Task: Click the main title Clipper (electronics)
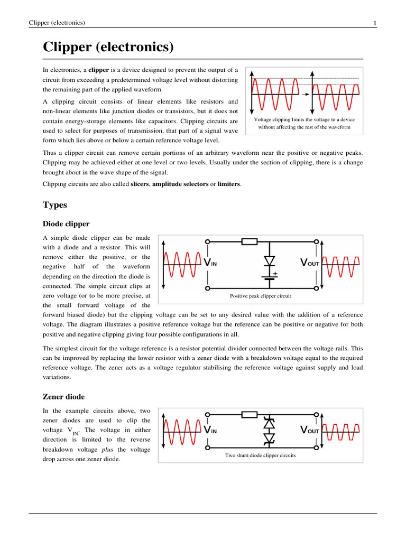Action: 108,48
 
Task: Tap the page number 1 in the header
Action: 374,23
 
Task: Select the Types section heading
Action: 54,204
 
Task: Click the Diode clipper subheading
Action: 66,224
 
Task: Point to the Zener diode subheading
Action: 63,396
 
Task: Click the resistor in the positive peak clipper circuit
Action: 249,242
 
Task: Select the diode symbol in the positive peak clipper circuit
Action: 270,261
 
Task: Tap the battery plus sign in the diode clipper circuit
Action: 275,274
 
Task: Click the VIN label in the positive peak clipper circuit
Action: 210,262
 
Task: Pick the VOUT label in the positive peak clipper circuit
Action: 309,262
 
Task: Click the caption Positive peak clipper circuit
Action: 260,296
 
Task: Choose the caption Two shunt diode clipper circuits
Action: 260,455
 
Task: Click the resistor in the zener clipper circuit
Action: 249,414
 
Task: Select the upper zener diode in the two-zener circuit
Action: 270,423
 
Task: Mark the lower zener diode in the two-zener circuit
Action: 270,439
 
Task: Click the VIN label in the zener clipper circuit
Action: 210,430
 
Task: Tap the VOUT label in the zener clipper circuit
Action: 309,430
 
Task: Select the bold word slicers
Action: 140,184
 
